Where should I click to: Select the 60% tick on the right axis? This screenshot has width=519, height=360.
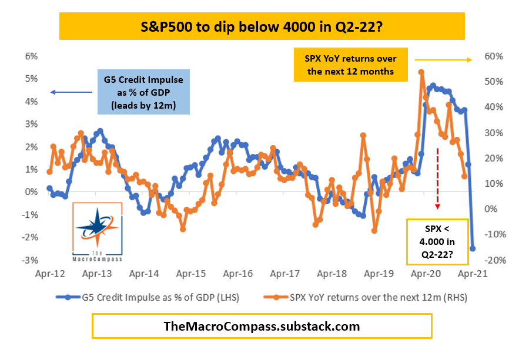(x=494, y=56)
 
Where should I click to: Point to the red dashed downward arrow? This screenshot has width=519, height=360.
(x=438, y=179)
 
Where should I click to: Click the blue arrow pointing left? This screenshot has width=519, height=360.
(x=71, y=92)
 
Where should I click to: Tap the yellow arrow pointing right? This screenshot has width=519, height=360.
(x=443, y=59)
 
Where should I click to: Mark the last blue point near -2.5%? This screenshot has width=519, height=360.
(x=473, y=248)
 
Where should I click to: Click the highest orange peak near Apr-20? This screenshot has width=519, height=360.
(x=421, y=72)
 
